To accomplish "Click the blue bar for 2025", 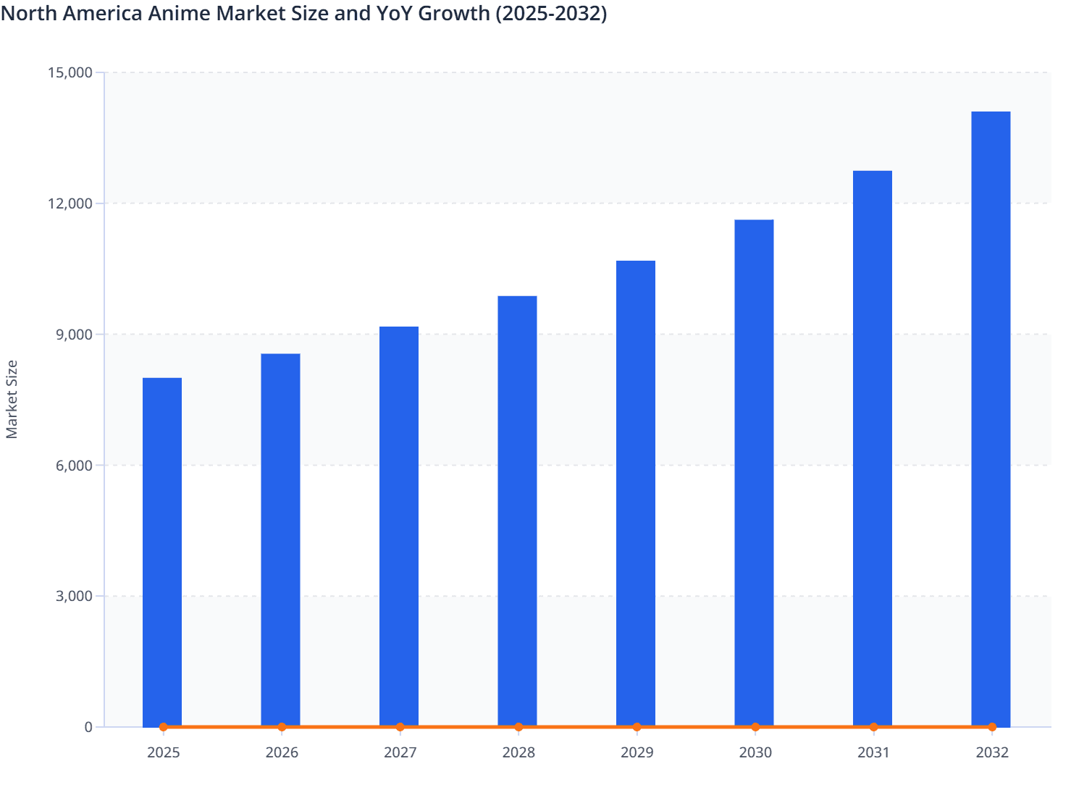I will coord(162,550).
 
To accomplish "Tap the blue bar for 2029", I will coord(636,492).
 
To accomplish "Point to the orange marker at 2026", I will coord(282,727).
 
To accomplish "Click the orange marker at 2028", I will coord(518,727).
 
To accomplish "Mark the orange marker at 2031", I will coord(873,727).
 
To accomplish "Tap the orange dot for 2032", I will coord(992,727).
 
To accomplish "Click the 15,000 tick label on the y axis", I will coord(70,72).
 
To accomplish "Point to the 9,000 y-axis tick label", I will coord(74,335).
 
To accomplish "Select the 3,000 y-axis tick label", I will coord(74,597).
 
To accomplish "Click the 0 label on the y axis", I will coord(88,727).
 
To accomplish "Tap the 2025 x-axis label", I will coord(163,752).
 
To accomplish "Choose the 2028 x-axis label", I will coord(518,752).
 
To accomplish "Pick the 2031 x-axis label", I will coord(873,752).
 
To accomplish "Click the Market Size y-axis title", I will coord(12,399).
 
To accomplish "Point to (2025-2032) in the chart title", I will coord(550,13).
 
